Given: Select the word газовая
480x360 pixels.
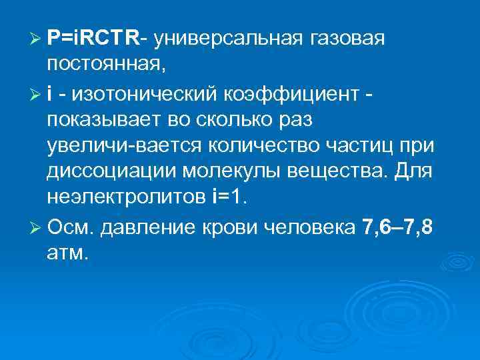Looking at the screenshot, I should pyautogui.click(x=347, y=39).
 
